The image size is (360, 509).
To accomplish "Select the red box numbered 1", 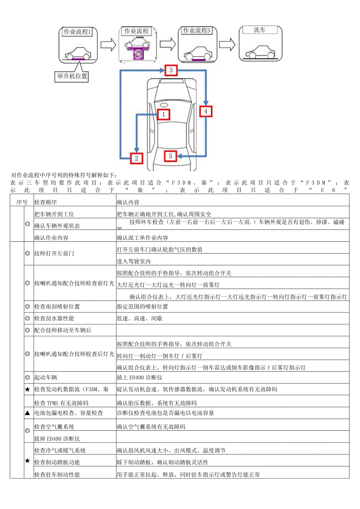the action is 164,114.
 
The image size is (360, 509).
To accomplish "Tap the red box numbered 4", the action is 206,112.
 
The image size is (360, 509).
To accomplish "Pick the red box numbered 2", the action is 136,158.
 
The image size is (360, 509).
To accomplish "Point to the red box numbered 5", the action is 170,156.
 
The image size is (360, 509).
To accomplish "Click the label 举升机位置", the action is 71,76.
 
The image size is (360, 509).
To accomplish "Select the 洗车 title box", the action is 260,30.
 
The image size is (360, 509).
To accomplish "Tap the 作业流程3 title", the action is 197,31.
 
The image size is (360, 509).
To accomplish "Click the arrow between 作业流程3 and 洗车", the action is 227,44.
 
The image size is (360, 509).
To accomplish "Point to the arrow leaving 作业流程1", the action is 108,44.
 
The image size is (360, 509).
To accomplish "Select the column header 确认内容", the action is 128,203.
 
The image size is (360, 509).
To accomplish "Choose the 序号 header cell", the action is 22,203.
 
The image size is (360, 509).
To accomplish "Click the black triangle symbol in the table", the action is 27,413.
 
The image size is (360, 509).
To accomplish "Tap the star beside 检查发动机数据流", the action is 27,390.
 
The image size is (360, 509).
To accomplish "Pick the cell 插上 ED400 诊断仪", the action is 139,378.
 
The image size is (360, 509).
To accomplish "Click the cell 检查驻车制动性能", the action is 57,475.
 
